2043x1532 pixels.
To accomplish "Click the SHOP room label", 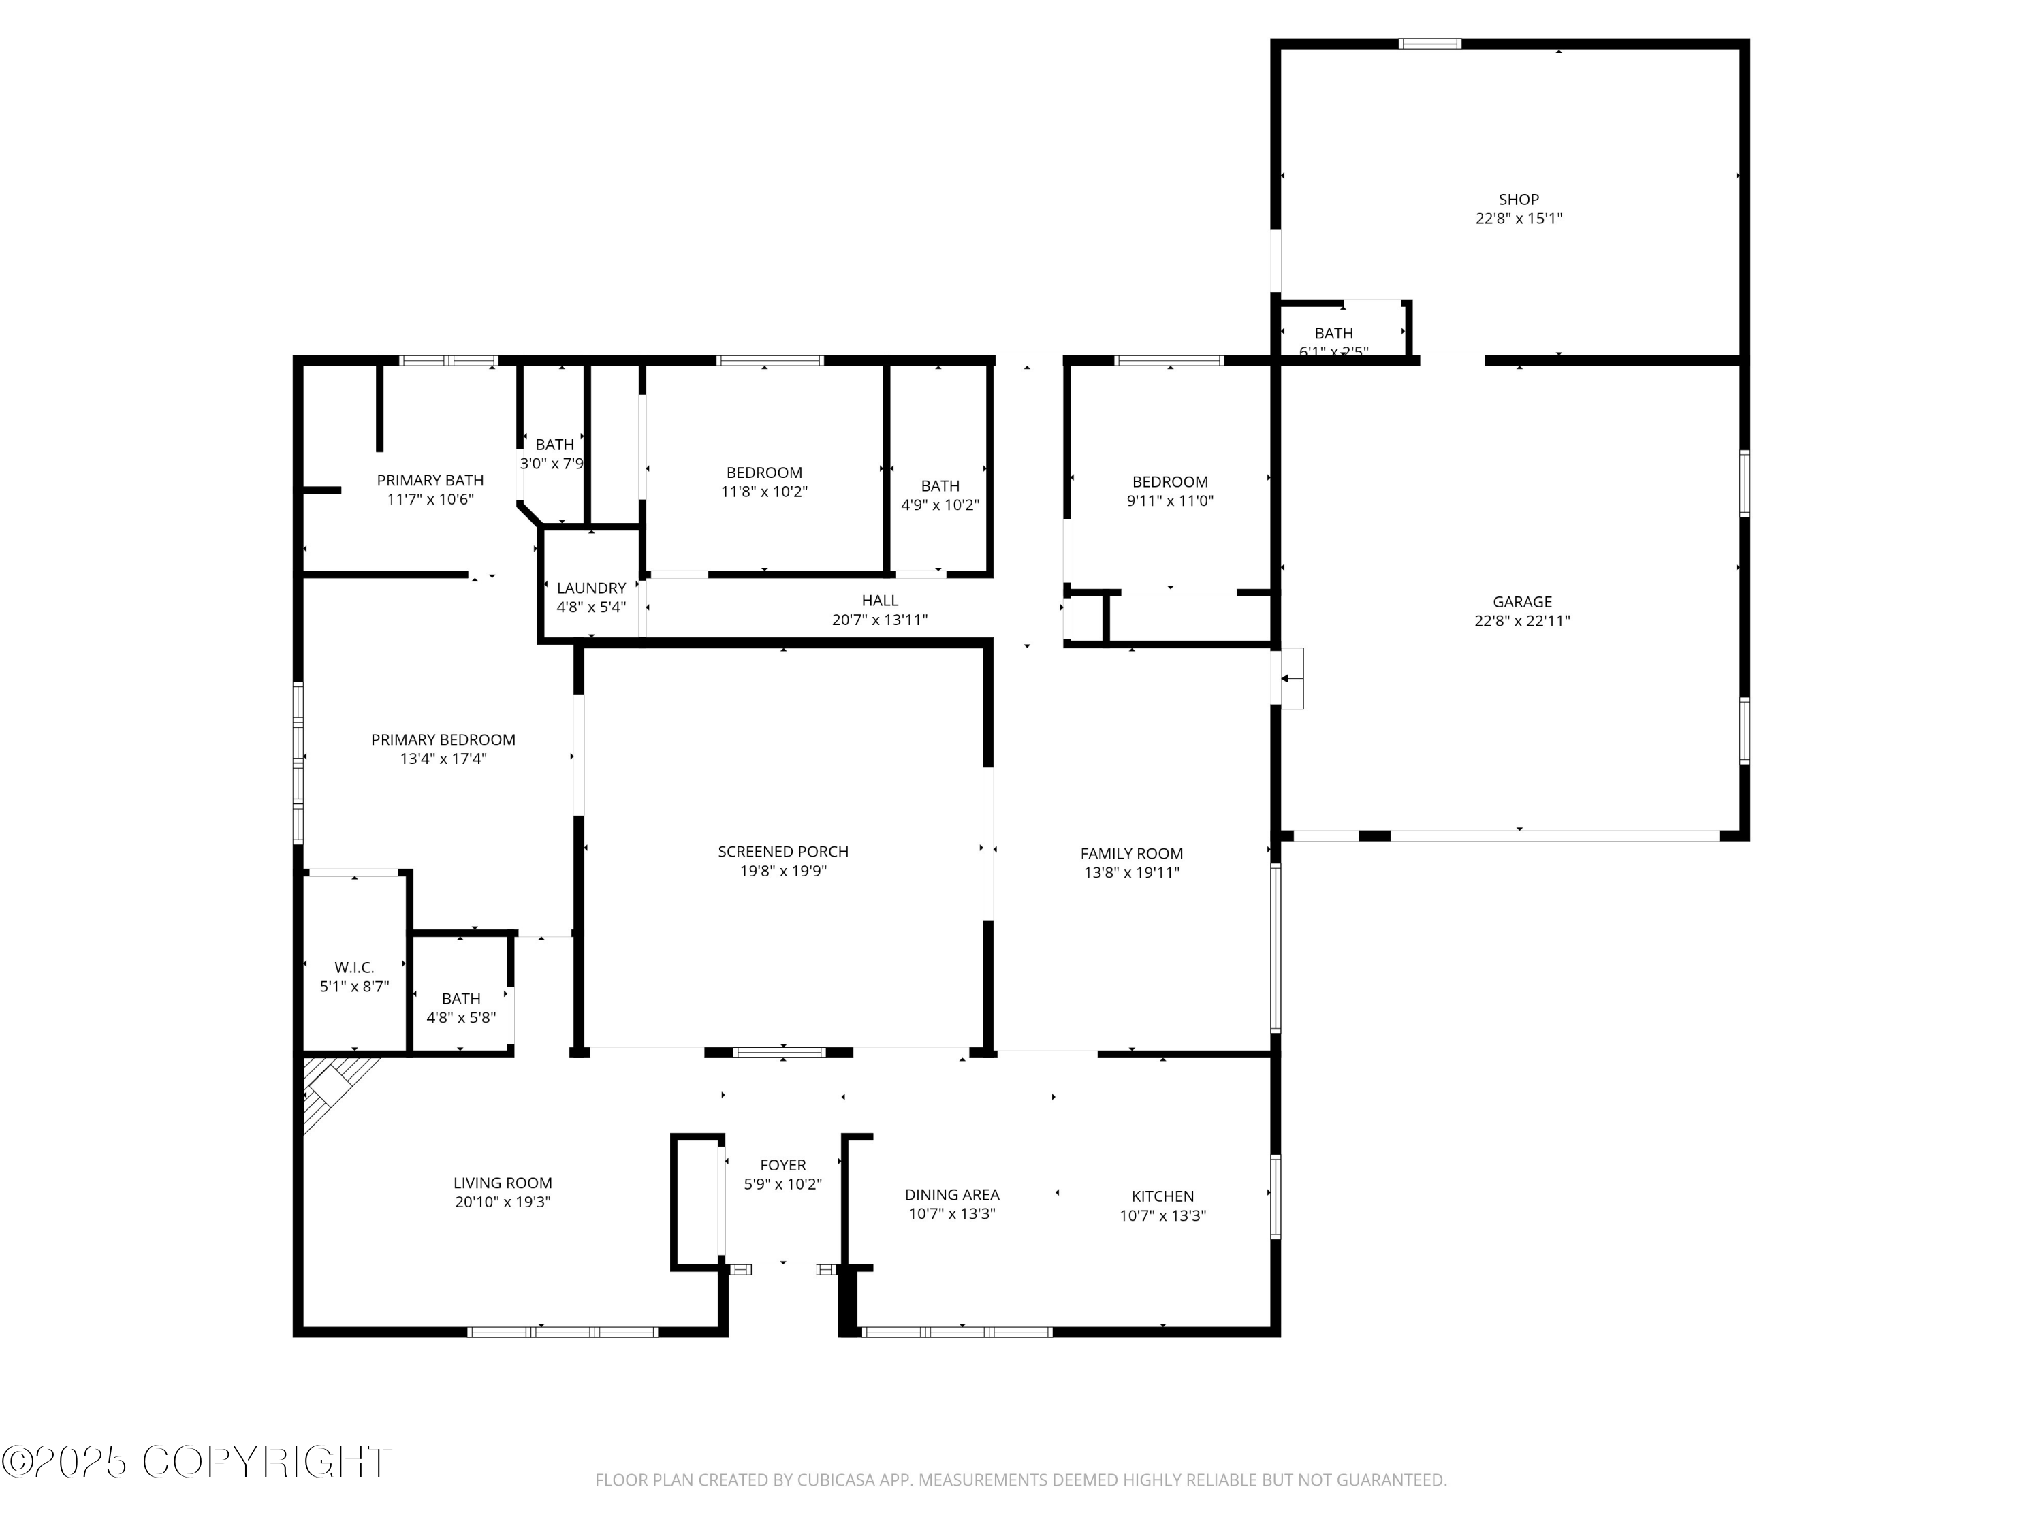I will (x=1519, y=200).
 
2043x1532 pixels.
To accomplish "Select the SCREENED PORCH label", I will (x=782, y=851).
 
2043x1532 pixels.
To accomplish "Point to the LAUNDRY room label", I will (x=591, y=588).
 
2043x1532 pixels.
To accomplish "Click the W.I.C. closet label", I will (x=353, y=968).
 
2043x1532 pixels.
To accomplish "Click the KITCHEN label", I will (x=1162, y=1196).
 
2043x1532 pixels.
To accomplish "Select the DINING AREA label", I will (x=951, y=1195).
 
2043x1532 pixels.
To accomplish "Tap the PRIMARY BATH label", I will (x=430, y=480).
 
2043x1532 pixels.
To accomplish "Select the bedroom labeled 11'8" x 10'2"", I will (x=764, y=482).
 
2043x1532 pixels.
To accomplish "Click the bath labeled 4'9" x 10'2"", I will (x=939, y=495).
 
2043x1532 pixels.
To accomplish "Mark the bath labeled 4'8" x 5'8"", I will (x=461, y=1008).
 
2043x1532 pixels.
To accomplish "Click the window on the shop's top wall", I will (x=1429, y=44).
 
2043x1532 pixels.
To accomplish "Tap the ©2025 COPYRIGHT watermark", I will (x=196, y=1462).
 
